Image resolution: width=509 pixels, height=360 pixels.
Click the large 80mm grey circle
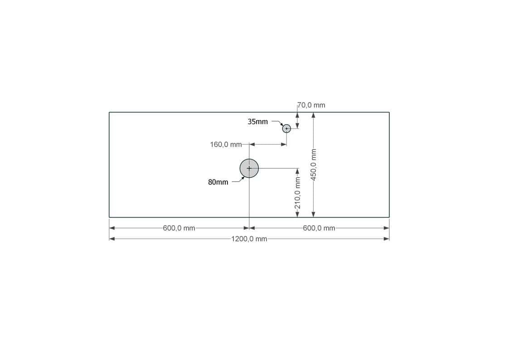[x=249, y=168]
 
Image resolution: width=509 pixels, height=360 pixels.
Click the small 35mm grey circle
[x=286, y=129]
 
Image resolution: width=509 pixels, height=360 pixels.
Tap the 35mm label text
[x=258, y=122]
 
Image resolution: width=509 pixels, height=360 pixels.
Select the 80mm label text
[x=218, y=182]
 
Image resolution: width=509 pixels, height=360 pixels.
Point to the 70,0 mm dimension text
[x=311, y=105]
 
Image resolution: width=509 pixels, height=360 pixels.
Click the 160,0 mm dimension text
[x=226, y=145]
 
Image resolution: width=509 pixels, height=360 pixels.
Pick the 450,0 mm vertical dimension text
[x=313, y=165]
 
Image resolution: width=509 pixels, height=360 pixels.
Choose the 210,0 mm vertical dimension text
[x=297, y=193]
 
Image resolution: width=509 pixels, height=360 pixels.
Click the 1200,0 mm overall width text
[x=249, y=239]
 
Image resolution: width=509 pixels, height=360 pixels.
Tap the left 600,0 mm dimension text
[x=179, y=228]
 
